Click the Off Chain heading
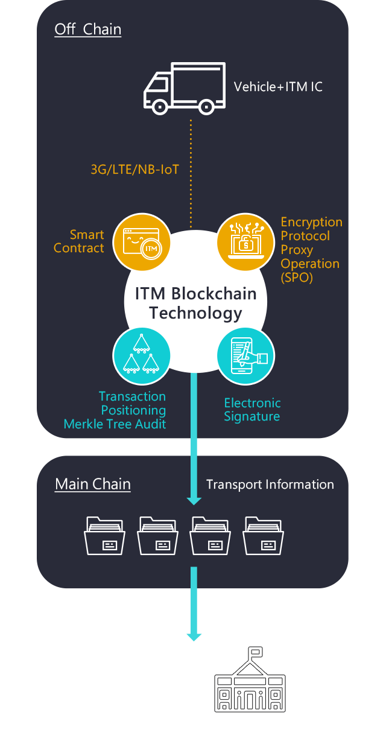87,30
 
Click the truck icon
184,88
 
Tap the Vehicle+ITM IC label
278,87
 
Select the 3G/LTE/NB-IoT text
134,170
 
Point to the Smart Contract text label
79,241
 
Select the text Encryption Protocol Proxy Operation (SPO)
311,250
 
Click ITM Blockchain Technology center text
195,303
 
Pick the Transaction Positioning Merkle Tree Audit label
115,410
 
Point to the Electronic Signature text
252,410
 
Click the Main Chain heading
93,484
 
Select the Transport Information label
270,485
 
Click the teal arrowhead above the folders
194,500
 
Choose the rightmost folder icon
264,535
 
